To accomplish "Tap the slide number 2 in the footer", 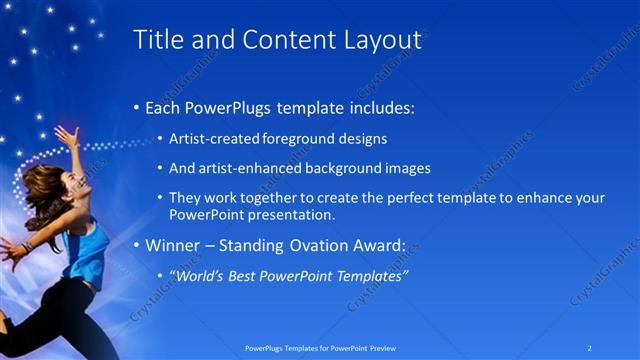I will click(x=589, y=348).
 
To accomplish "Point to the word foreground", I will click(x=279, y=139).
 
